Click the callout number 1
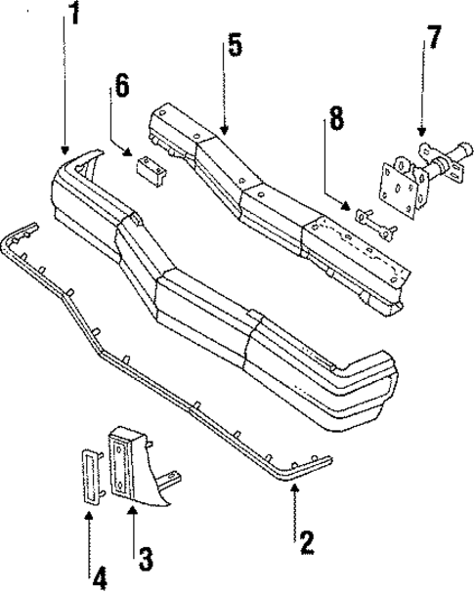[72, 17]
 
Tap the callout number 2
[306, 539]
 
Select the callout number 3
[144, 559]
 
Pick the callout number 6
[122, 85]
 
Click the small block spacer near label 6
[151, 167]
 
